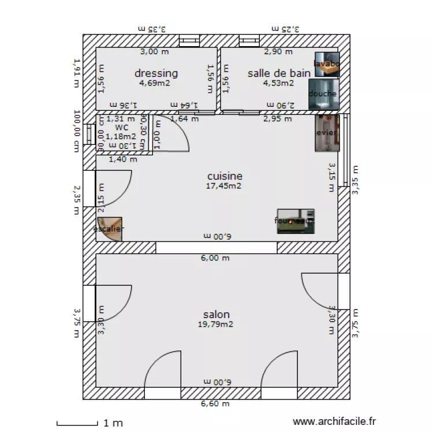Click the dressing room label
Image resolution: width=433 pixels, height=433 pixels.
pyautogui.click(x=156, y=73)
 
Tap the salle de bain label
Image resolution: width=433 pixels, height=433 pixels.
pyautogui.click(x=279, y=73)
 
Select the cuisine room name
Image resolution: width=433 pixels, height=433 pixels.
pyautogui.click(x=225, y=176)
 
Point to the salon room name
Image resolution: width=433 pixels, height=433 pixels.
pyautogui.click(x=216, y=315)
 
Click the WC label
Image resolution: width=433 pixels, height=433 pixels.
pyautogui.click(x=121, y=128)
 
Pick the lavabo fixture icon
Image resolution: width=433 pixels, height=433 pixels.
pyautogui.click(x=326, y=64)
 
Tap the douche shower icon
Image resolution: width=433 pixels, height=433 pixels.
pyautogui.click(x=322, y=94)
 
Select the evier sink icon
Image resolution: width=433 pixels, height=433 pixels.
pyautogui.click(x=326, y=133)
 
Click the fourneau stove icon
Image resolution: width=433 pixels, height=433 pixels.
pyautogui.click(x=296, y=221)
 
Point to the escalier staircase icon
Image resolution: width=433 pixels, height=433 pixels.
pyautogui.click(x=110, y=229)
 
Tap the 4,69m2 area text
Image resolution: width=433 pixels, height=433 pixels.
pyautogui.click(x=154, y=83)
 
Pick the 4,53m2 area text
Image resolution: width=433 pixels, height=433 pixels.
pyautogui.click(x=279, y=83)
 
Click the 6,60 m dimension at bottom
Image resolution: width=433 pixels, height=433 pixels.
pyautogui.click(x=215, y=404)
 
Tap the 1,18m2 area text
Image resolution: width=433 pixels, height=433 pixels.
pyautogui.click(x=121, y=137)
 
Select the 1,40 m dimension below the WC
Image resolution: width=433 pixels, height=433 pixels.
pyautogui.click(x=123, y=159)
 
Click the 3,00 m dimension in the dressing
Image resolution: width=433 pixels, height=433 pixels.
pyautogui.click(x=155, y=52)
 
